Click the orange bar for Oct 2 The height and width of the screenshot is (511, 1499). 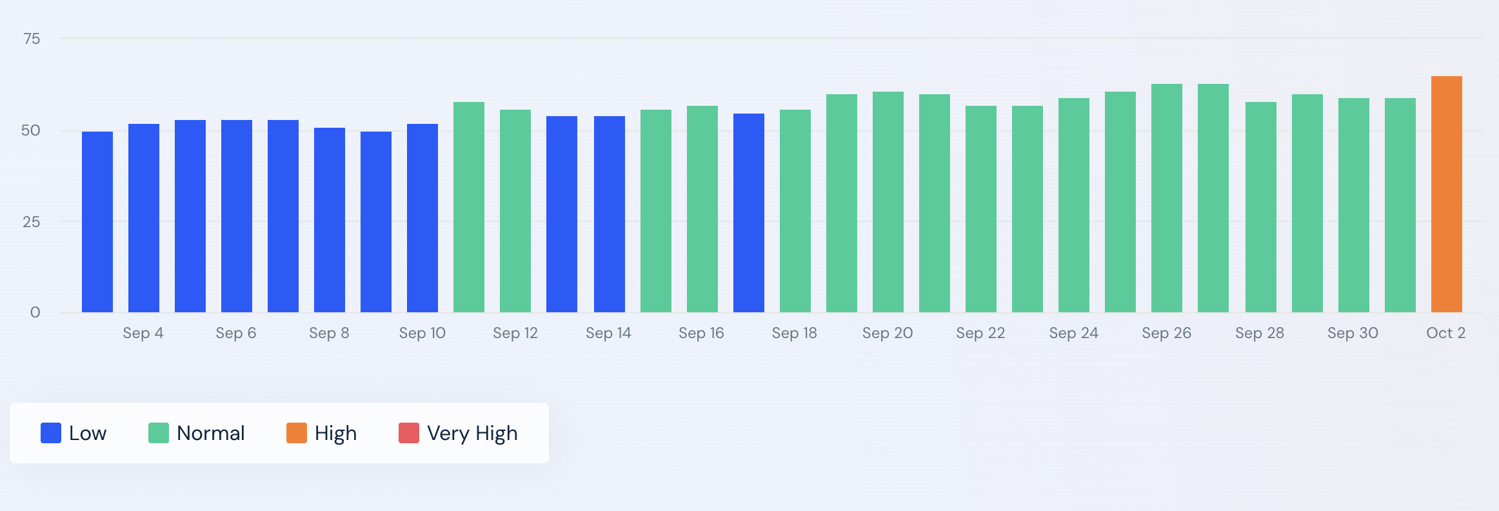(x=1446, y=194)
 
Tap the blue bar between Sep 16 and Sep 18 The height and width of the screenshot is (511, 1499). (x=748, y=213)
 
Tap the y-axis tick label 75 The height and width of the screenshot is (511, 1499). (x=31, y=39)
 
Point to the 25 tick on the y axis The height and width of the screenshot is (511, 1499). (x=31, y=222)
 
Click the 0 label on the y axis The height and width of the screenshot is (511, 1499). (x=35, y=313)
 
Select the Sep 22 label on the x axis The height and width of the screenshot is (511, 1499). (x=980, y=333)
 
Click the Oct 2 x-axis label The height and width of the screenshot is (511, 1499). (x=1445, y=333)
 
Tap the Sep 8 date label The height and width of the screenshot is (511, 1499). (x=329, y=333)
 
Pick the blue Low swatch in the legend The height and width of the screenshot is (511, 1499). (x=51, y=433)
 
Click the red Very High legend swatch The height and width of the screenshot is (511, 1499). (x=409, y=433)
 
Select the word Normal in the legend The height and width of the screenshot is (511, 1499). (x=210, y=433)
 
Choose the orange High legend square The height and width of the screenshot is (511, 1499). (x=297, y=433)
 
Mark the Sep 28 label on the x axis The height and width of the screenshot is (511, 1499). (x=1259, y=333)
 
